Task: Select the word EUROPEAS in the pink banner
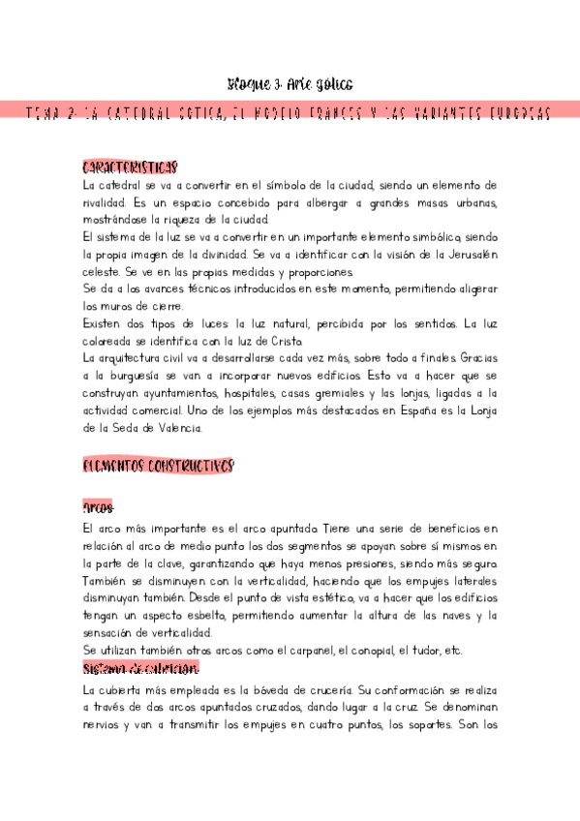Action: (x=514, y=114)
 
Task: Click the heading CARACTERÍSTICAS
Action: (x=130, y=167)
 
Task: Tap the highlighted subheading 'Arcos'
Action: (x=99, y=508)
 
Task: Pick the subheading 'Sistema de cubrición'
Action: (x=141, y=668)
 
